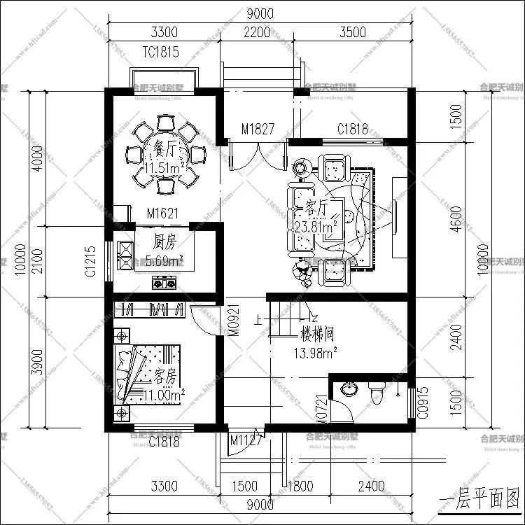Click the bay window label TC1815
click(x=160, y=52)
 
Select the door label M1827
click(x=257, y=129)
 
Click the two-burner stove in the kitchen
click(x=166, y=283)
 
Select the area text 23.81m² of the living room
click(x=316, y=226)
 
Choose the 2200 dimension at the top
click(x=256, y=32)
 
